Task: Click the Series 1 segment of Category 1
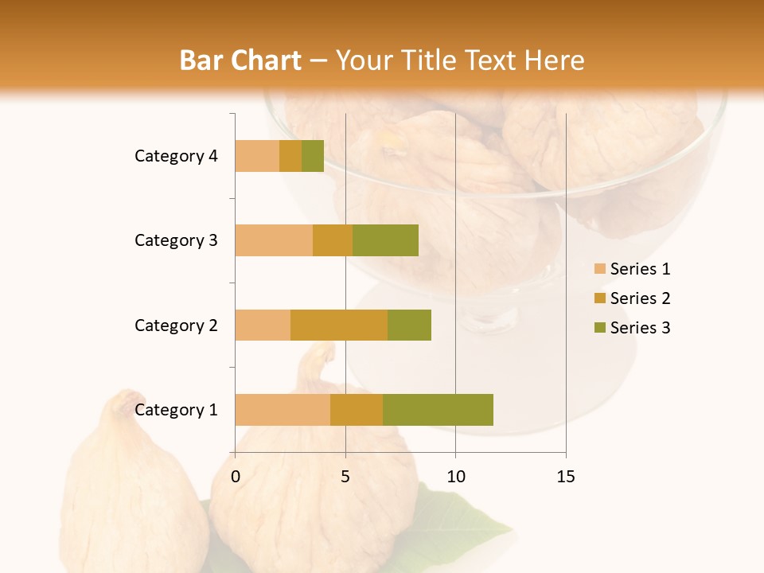click(283, 410)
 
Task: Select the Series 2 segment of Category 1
click(357, 410)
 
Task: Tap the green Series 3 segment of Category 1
click(438, 410)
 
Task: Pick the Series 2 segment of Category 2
click(339, 325)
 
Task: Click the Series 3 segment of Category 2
click(409, 325)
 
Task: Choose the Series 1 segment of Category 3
click(274, 240)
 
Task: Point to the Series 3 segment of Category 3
click(385, 240)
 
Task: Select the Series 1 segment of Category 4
click(257, 156)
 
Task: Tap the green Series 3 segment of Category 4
click(313, 156)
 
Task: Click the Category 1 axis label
click(176, 410)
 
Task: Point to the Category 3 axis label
click(176, 240)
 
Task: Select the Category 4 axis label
click(176, 156)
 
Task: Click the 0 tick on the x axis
click(236, 477)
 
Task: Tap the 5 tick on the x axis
click(345, 477)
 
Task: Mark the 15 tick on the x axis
click(566, 477)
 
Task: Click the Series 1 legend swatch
click(599, 269)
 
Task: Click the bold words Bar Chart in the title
click(240, 60)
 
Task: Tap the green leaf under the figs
click(470, 525)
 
